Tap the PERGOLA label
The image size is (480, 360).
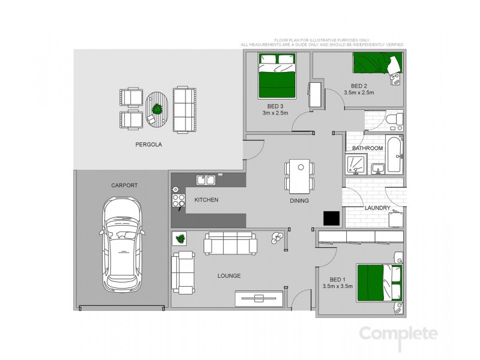[x=149, y=145]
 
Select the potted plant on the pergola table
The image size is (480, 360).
[x=157, y=109]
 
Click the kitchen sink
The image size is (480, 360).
[x=208, y=179]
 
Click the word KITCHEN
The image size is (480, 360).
[x=206, y=199]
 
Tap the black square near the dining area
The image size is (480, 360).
[x=331, y=218]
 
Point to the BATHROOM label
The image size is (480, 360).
[x=367, y=148]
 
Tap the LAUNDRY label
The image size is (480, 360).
[x=378, y=208]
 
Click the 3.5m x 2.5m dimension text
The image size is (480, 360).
[x=359, y=92]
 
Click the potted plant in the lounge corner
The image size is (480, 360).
[x=179, y=239]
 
